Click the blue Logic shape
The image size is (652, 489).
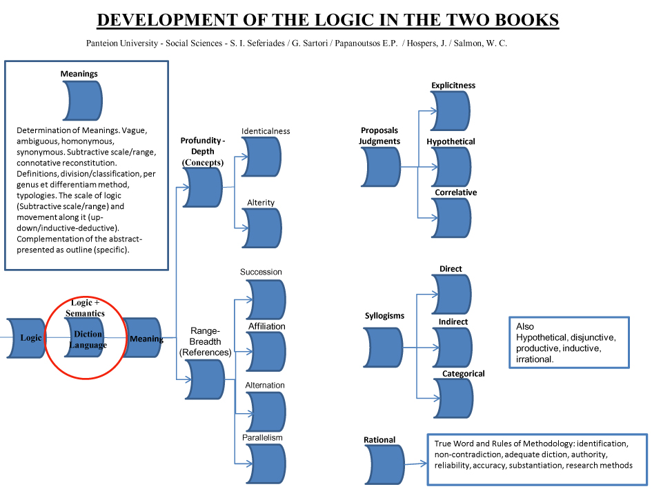26,338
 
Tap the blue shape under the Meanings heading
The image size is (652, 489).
81,101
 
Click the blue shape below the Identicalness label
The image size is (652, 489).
261,157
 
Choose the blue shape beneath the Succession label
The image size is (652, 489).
266,299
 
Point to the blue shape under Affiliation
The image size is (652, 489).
266,352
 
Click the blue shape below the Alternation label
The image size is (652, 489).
266,411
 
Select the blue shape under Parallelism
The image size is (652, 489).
266,463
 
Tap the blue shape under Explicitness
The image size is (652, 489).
451,111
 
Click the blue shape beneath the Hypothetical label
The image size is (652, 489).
451,167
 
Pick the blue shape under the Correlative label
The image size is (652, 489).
451,218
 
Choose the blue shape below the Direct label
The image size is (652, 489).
452,294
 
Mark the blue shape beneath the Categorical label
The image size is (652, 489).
453,399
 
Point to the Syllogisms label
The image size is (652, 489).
384,316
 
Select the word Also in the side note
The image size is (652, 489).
525,327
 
